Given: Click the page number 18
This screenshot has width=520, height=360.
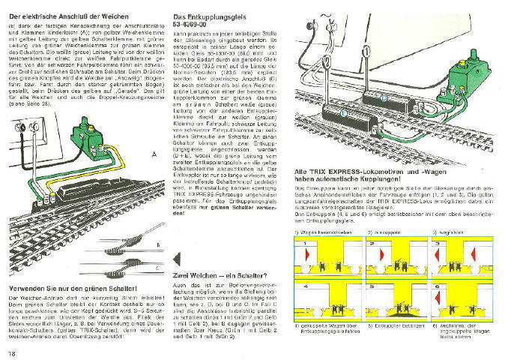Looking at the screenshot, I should coord(12,352).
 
